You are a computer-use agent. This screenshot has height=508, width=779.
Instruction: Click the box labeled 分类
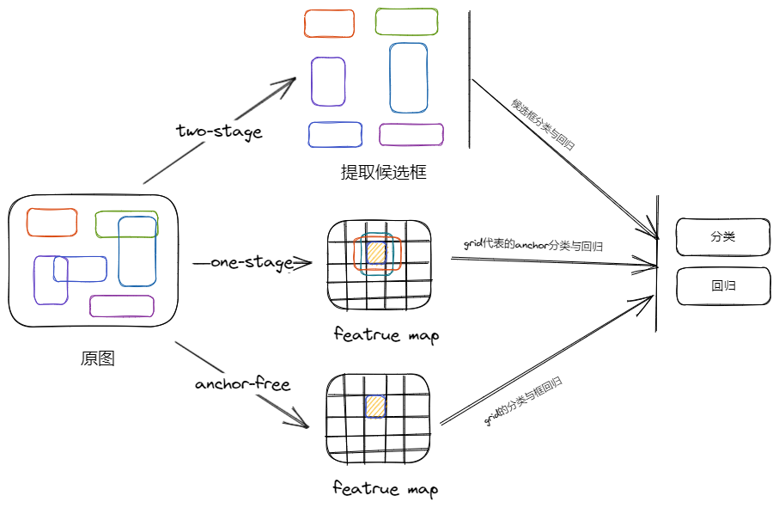[722, 237]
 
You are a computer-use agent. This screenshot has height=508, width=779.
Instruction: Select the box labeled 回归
[722, 286]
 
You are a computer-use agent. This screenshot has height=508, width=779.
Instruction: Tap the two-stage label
[218, 132]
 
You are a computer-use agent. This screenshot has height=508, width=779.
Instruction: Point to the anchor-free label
[242, 383]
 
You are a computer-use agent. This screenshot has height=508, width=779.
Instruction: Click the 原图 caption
[97, 358]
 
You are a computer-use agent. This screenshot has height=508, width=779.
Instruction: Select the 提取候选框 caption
[383, 172]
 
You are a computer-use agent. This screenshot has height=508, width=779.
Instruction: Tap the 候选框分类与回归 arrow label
[543, 125]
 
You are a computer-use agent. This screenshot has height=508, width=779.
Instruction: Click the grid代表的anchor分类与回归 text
[533, 245]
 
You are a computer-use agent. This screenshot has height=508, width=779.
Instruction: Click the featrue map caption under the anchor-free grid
[386, 489]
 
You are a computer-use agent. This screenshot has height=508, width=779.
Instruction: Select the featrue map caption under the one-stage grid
[386, 334]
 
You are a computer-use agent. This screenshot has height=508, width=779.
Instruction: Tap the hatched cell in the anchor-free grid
[375, 406]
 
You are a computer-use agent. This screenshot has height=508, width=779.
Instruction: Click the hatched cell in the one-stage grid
[376, 253]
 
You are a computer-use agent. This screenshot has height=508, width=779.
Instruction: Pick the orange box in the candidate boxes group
[329, 23]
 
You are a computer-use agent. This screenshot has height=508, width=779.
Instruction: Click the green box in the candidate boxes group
[406, 21]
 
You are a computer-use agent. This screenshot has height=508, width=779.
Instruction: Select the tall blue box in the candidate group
[408, 78]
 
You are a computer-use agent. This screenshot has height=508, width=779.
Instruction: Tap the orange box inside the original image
[52, 222]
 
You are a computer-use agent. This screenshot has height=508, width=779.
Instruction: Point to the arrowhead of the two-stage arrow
[292, 81]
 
